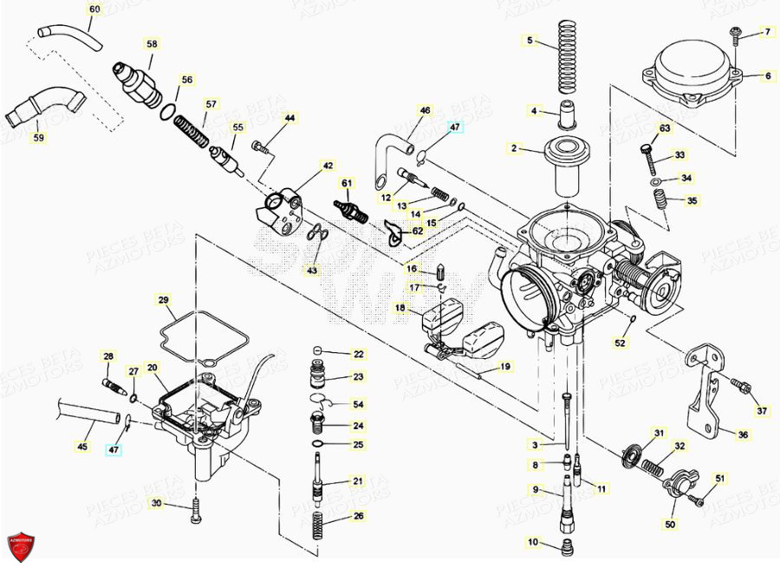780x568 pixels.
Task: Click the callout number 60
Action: pos(94,10)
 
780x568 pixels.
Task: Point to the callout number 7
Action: pos(766,32)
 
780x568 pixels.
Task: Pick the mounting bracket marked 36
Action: pos(706,390)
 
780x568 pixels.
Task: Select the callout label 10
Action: pos(532,543)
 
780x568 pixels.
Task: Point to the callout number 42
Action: pos(328,165)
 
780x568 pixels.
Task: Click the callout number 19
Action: pos(504,367)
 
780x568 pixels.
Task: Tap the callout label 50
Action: pos(670,525)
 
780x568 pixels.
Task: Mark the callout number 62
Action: pos(417,232)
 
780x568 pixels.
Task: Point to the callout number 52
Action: pos(619,343)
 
